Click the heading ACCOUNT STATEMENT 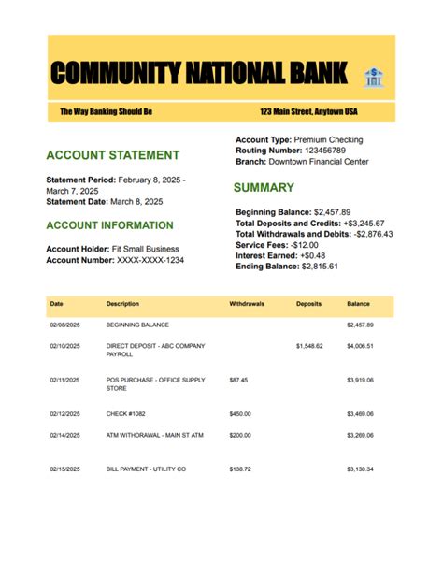[112, 155]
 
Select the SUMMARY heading [264, 188]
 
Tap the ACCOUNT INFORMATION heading [109, 225]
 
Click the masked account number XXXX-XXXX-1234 [150, 260]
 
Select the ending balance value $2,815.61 [319, 267]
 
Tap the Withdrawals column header [247, 305]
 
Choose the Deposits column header [309, 305]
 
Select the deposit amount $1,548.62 [309, 346]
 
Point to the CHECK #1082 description [126, 413]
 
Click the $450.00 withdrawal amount [240, 413]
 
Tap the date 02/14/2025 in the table [64, 435]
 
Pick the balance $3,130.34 [360, 469]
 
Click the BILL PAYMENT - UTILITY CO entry [146, 469]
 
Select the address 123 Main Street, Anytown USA [308, 112]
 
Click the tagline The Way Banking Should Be [106, 112]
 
